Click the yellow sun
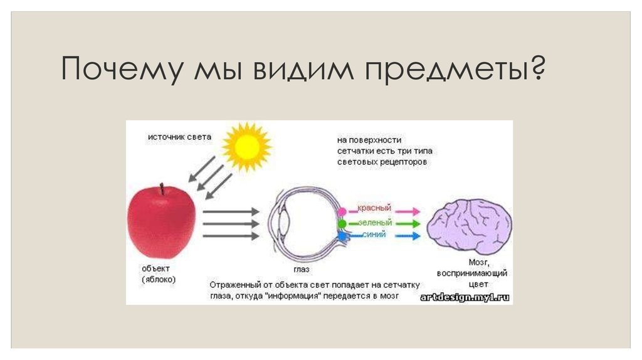(246, 147)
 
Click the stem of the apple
(162, 189)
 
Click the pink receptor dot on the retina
(342, 211)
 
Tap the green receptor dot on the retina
(342, 224)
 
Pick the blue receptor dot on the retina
(342, 236)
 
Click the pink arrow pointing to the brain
(408, 212)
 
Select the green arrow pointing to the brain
(408, 224)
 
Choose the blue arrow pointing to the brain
(408, 236)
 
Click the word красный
(374, 208)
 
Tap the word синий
(374, 235)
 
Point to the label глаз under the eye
(302, 270)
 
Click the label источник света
(179, 137)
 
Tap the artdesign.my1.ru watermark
(465, 297)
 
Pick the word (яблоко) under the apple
(159, 280)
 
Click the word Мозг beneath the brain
(479, 262)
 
